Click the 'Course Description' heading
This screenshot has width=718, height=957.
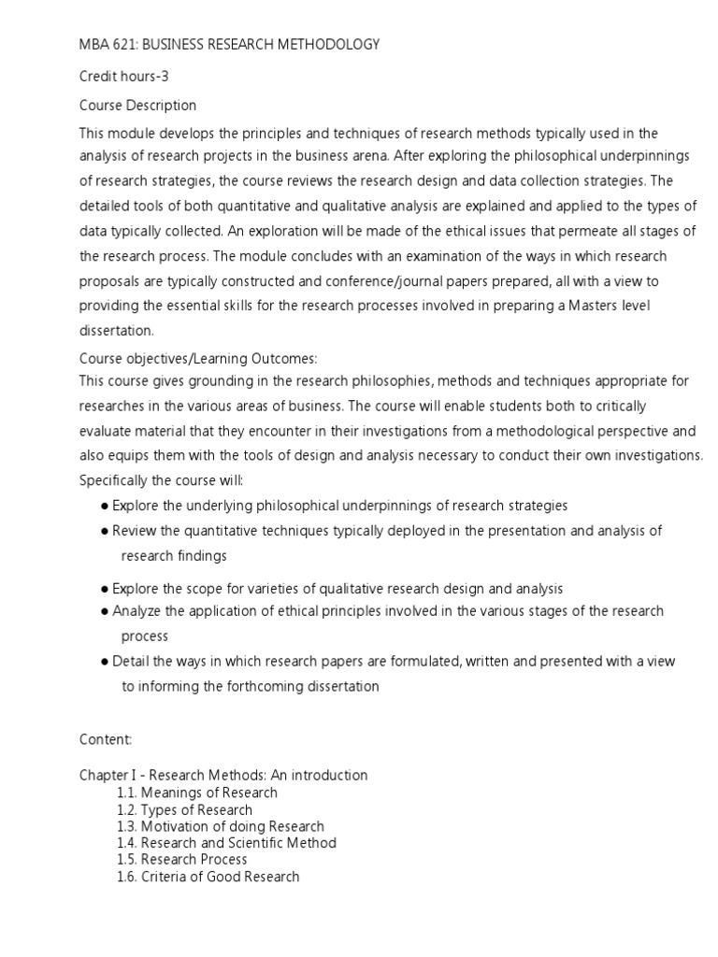(137, 105)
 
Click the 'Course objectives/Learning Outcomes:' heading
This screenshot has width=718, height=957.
(198, 359)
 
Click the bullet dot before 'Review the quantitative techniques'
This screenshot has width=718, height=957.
(105, 531)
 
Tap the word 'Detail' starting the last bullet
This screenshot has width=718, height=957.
(131, 662)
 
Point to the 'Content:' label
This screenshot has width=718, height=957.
(106, 739)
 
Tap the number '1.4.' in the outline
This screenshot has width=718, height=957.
(128, 843)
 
